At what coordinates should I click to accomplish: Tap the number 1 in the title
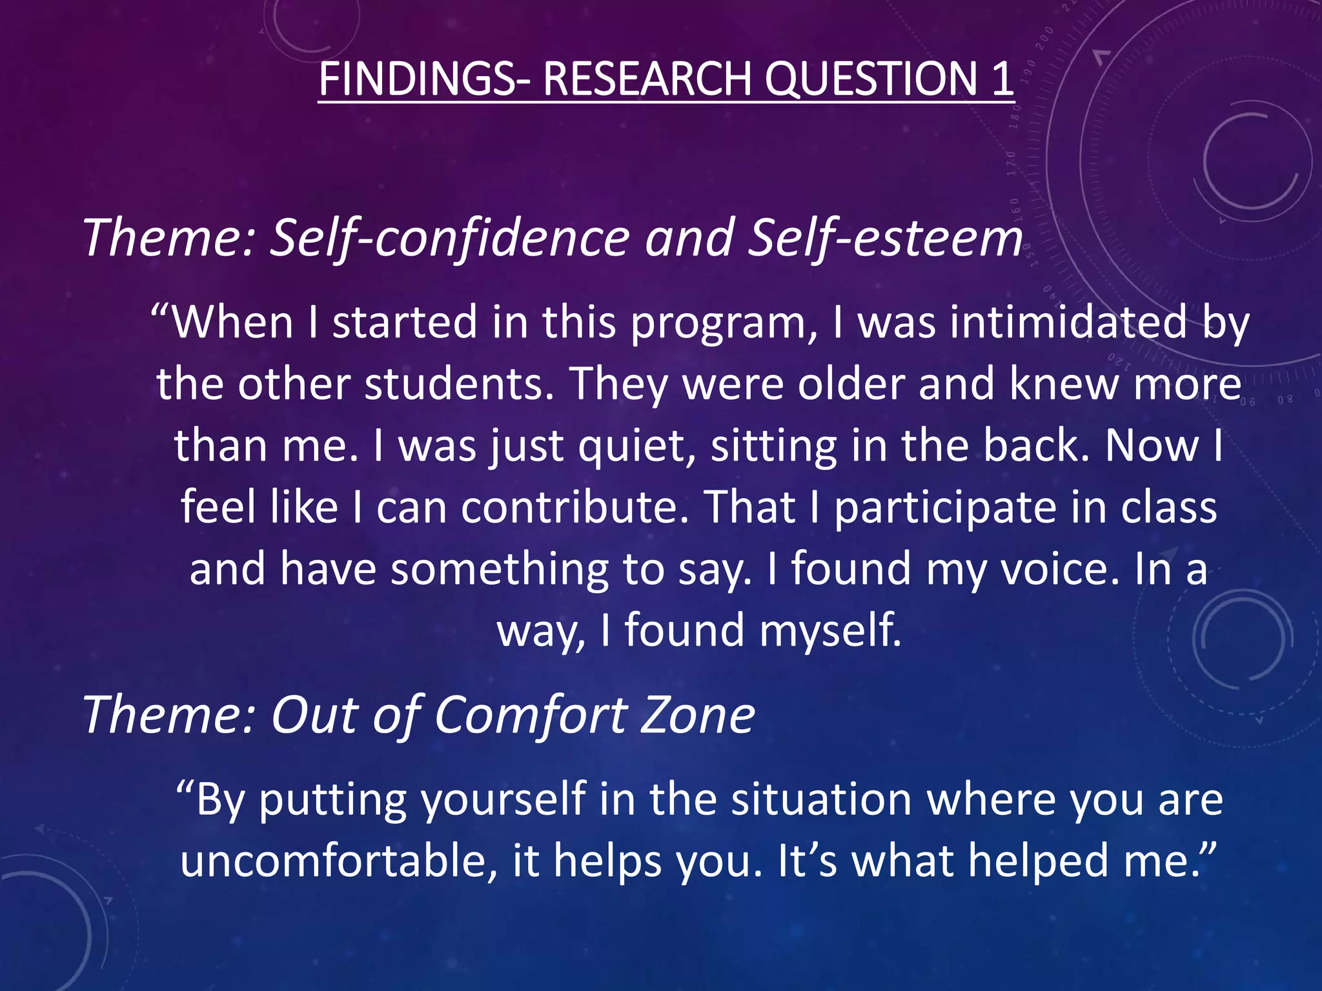1001,79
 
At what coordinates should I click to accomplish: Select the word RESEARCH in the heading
647,79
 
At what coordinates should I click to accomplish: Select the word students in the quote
458,385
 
